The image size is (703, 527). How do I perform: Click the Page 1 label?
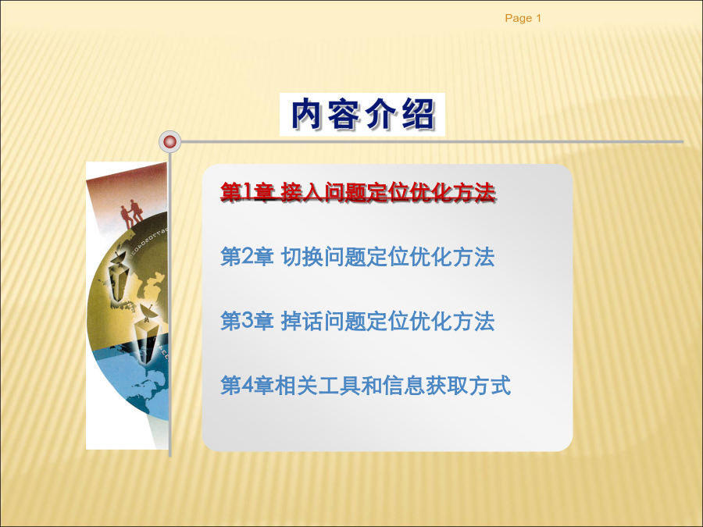[x=523, y=19]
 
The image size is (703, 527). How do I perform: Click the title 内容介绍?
[x=362, y=114]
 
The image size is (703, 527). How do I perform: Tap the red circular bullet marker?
[x=170, y=142]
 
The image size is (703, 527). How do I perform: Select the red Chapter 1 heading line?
[x=358, y=193]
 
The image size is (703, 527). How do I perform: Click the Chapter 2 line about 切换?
[x=357, y=257]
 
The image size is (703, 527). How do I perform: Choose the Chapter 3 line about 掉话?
[x=357, y=322]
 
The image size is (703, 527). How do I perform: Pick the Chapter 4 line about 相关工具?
[x=366, y=386]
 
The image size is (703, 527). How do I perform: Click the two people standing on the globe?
[x=131, y=214]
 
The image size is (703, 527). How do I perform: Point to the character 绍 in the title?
[x=419, y=114]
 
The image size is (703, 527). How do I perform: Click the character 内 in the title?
[x=308, y=114]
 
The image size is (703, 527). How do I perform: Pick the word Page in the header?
[x=519, y=19]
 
